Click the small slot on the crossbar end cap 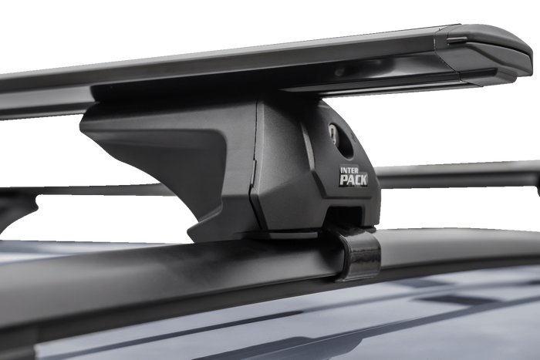click(457, 39)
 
